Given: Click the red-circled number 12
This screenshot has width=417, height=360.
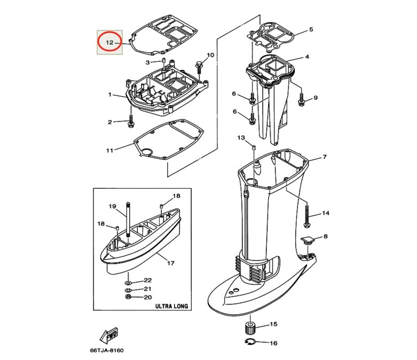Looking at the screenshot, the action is point(109,43).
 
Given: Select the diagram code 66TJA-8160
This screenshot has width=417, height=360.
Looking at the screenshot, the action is point(107,350).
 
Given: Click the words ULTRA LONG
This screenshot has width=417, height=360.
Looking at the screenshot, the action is point(171,306).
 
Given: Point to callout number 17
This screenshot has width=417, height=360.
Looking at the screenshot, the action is point(171,263).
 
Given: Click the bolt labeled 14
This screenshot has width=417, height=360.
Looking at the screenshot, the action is point(306,216).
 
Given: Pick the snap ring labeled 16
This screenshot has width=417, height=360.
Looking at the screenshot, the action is point(250,342).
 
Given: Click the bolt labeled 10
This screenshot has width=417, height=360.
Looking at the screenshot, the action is point(199,68).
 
